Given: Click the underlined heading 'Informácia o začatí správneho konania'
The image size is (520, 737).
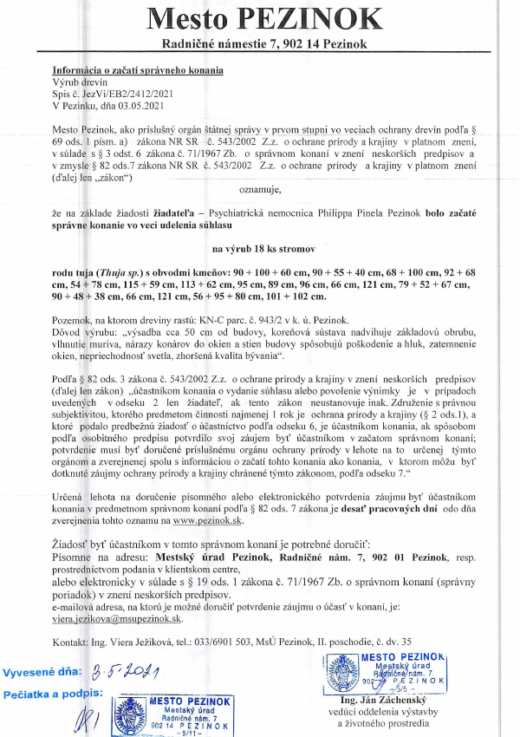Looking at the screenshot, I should [137, 69].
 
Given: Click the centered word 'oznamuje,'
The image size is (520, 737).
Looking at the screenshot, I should [259, 185].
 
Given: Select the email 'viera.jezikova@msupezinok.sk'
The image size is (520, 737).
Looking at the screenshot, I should [118, 619].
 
